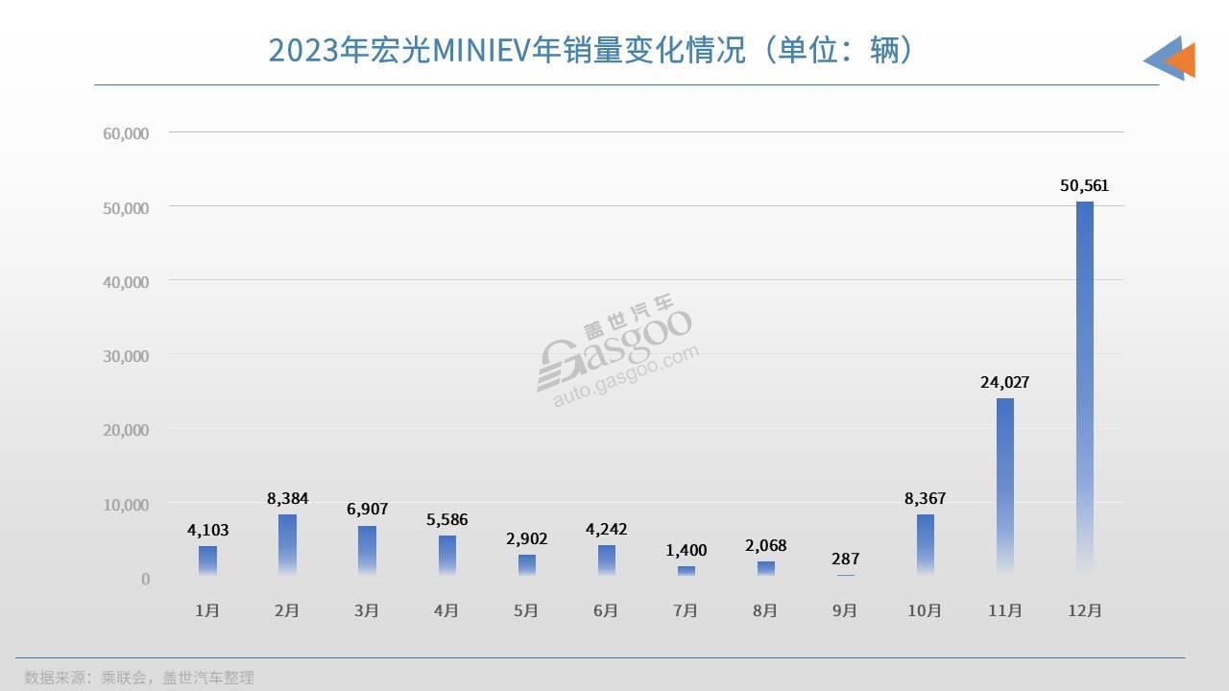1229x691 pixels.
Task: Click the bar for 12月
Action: [1084, 389]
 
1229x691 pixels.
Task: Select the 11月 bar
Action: [1004, 487]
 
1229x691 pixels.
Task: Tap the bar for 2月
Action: [287, 544]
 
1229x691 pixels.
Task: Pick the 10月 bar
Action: [925, 544]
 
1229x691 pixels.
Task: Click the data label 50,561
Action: [1084, 186]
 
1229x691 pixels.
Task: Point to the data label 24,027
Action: [1004, 382]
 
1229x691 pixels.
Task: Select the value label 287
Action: [845, 559]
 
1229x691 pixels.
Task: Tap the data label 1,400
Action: [686, 550]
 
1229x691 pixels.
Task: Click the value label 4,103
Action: [207, 530]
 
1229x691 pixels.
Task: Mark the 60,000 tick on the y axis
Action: [126, 133]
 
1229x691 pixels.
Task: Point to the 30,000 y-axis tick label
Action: [126, 356]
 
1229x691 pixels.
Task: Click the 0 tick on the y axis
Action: [145, 579]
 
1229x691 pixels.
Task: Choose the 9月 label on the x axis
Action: [845, 610]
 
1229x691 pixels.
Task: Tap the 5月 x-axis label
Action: [526, 610]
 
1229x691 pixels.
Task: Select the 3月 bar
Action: [367, 550]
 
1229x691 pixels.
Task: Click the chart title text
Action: [590, 50]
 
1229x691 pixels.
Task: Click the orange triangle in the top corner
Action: [1182, 60]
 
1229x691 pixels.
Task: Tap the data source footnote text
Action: [139, 678]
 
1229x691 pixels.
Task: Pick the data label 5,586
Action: [446, 520]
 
